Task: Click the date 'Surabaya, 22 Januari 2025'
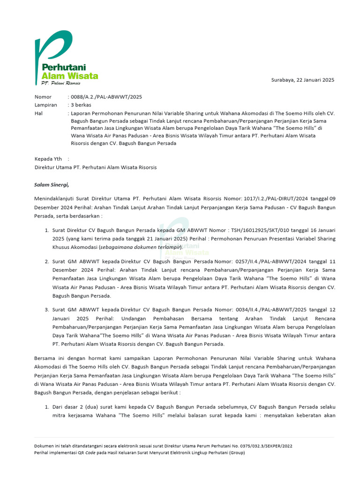(303, 80)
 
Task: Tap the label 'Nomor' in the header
(44, 97)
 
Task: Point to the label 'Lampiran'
(46, 105)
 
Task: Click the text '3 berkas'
(82, 105)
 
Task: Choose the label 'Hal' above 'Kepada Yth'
(39, 113)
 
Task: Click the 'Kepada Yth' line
(49, 159)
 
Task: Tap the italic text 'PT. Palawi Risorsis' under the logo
(61, 83)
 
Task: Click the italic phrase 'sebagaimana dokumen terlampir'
(140, 247)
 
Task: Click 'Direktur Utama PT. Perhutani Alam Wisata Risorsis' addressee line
(96, 167)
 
